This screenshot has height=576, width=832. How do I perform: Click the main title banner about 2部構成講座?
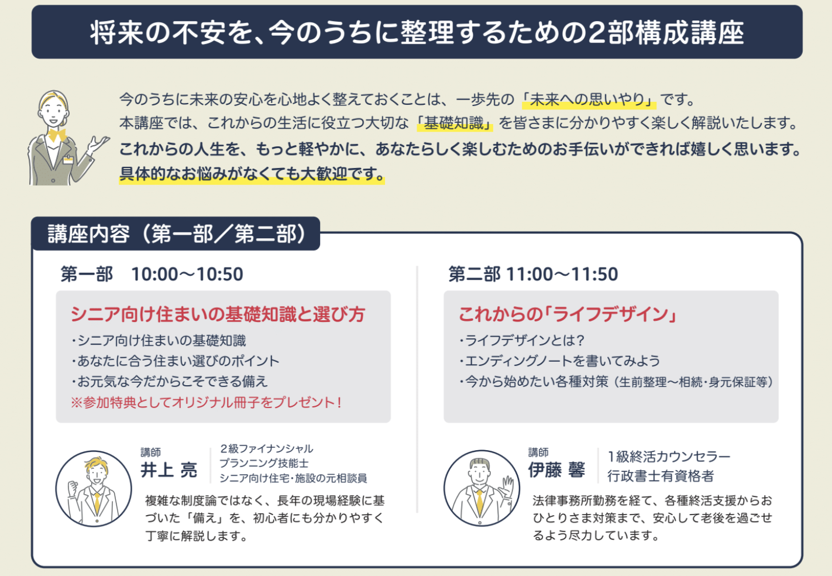point(417,32)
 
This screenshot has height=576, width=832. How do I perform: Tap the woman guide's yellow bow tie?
point(57,135)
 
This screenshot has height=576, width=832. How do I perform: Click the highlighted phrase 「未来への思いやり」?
point(589,100)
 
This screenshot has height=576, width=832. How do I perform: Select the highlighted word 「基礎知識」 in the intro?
point(455,123)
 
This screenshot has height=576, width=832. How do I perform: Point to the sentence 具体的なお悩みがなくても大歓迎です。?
point(252,173)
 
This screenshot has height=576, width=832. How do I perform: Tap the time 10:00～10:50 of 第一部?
point(187,275)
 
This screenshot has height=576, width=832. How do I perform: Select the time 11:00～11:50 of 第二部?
point(562,275)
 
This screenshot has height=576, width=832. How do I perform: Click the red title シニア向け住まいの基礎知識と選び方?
point(218,314)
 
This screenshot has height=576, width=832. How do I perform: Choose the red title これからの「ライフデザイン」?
point(568,314)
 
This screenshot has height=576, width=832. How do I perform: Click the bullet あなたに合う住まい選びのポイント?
point(176,361)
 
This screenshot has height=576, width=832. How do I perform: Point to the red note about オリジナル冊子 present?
point(207,403)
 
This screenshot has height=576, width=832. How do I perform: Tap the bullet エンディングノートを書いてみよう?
point(560,361)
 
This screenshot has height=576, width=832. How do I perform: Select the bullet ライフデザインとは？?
point(522,341)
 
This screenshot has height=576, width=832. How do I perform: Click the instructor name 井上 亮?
point(169,469)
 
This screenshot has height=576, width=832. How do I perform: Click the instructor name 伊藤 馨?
point(556,469)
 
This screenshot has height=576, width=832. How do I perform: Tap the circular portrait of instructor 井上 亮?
point(94,489)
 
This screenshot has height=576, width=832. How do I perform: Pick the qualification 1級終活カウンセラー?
point(669,457)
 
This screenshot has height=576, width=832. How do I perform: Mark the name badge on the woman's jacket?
point(68,160)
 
